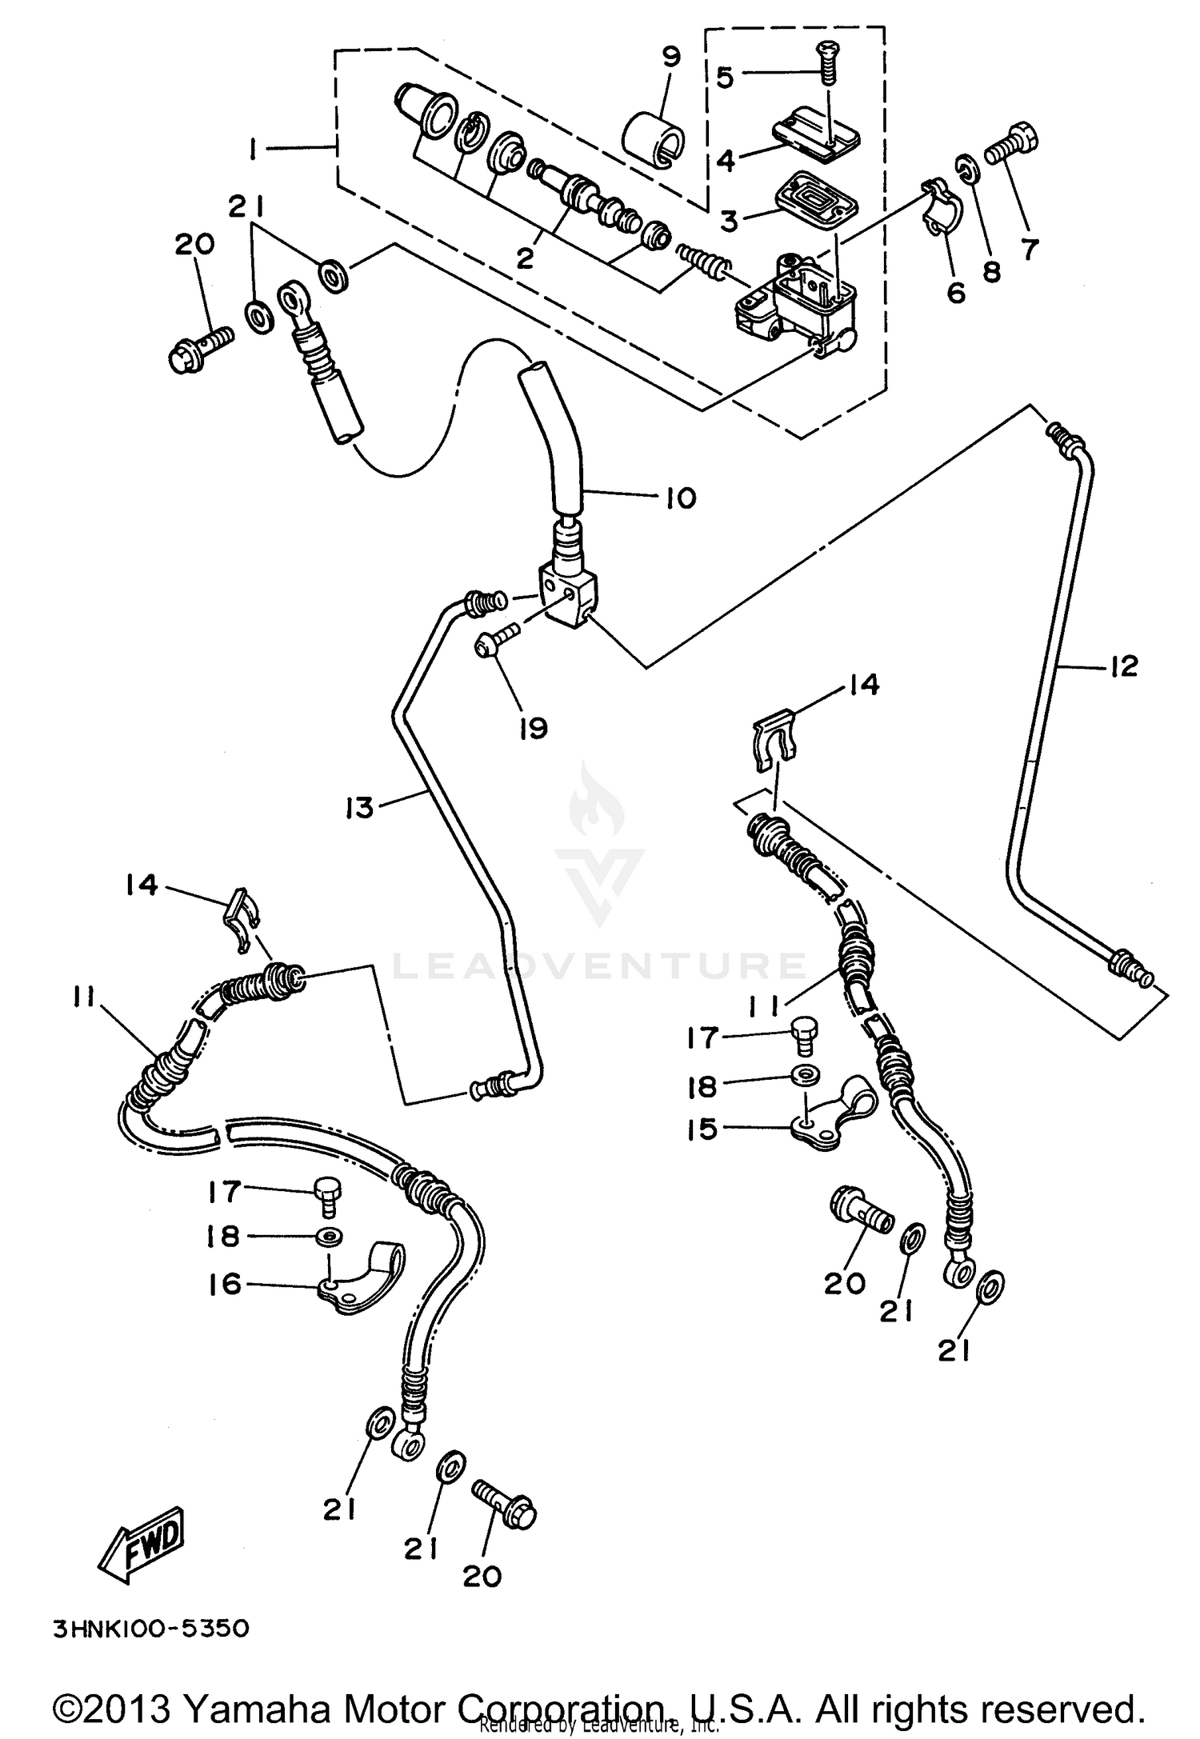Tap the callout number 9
click(x=670, y=57)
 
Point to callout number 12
click(x=1123, y=666)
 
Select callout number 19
click(x=533, y=728)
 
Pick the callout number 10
click(x=680, y=499)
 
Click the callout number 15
click(x=702, y=1129)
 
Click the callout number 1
click(x=253, y=149)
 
